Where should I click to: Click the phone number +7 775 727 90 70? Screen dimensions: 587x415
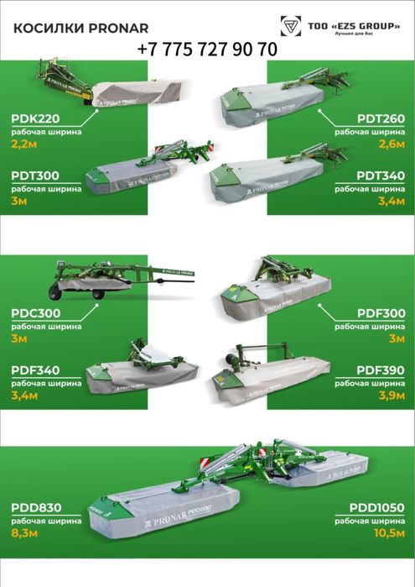[x=206, y=50]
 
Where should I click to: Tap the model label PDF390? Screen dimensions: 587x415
[x=380, y=369]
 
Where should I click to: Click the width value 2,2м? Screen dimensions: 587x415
[x=24, y=144]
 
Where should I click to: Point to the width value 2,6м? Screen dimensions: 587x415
[x=391, y=144]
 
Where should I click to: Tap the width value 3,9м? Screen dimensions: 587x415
[x=392, y=396]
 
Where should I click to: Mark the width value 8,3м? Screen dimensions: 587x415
[x=25, y=534]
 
